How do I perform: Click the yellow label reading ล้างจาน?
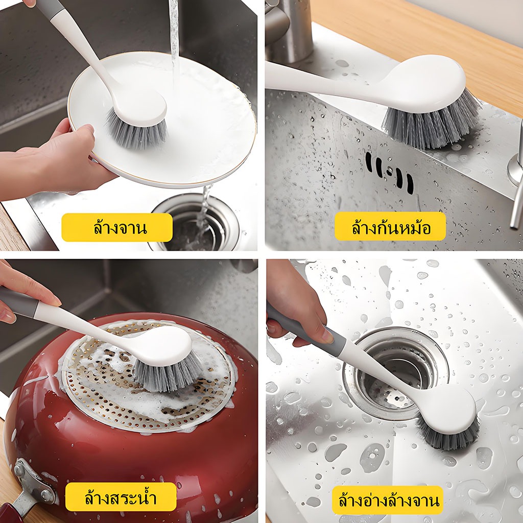tap(117, 227)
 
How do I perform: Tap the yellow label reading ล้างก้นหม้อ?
tap(390, 226)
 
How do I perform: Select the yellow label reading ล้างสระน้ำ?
tap(121, 497)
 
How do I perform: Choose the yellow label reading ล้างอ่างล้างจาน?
tap(388, 501)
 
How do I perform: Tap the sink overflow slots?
tap(389, 173)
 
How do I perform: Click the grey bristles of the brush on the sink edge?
tap(430, 122)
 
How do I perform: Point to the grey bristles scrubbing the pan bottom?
tap(167, 373)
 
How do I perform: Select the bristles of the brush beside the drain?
tap(448, 434)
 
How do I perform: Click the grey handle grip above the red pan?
tap(18, 302)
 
